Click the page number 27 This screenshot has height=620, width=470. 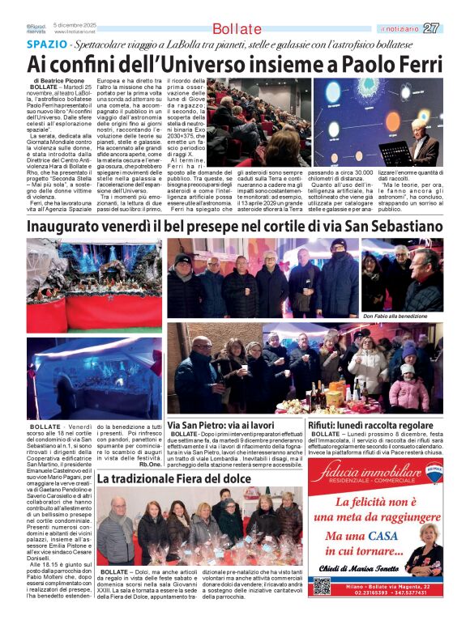(431, 28)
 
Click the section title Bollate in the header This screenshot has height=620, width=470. (237, 29)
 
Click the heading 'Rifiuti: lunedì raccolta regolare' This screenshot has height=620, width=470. (370, 426)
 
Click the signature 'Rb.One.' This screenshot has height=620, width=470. (150, 465)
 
